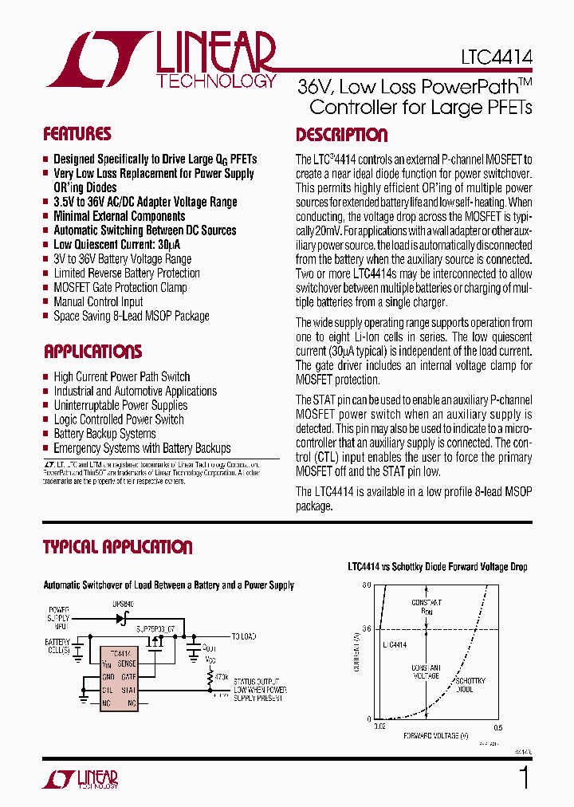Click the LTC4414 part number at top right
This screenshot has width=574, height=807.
(496, 57)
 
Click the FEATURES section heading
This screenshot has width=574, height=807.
(77, 134)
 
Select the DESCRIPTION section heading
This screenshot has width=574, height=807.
(341, 135)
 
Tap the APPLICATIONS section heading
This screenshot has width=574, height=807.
(92, 352)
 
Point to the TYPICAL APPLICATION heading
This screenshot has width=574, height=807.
(117, 547)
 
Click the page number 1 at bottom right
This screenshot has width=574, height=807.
(524, 777)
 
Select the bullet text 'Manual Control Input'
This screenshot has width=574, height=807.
(98, 301)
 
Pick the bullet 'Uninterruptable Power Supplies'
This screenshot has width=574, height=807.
(120, 405)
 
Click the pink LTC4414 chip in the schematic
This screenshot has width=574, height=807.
(119, 679)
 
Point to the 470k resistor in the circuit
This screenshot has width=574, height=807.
(211, 676)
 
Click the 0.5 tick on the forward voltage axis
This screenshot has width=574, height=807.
(497, 726)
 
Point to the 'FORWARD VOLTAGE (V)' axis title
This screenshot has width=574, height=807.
(435, 735)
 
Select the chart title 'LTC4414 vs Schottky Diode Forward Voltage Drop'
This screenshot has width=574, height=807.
(437, 567)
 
